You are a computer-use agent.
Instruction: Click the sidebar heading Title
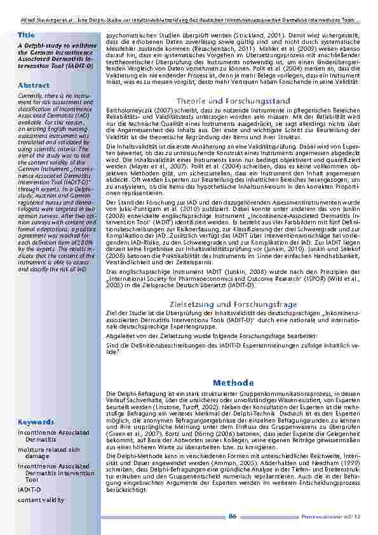click(x=26, y=34)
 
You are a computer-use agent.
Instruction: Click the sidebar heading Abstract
click(x=30, y=85)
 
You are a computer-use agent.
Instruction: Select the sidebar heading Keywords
click(x=32, y=422)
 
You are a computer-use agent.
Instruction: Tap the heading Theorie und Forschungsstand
click(x=233, y=101)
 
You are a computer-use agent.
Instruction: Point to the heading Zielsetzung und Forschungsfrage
click(x=233, y=304)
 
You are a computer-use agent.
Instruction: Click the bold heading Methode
click(x=233, y=383)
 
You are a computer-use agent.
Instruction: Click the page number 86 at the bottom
click(x=233, y=517)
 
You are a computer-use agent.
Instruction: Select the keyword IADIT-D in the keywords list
click(x=29, y=491)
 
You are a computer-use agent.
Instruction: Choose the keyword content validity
click(x=41, y=500)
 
